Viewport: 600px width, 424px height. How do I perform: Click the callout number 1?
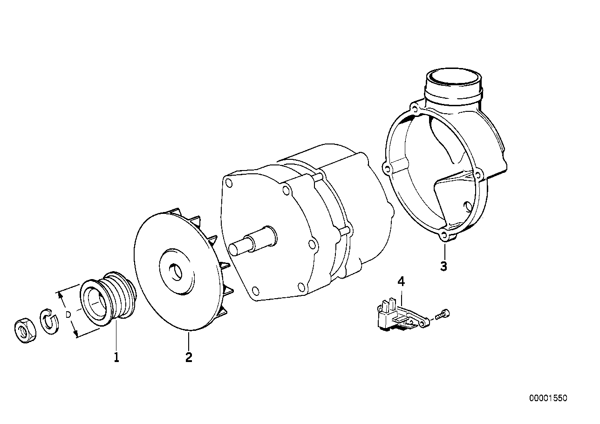pos(116,357)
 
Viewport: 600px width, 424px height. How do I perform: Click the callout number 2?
pos(188,357)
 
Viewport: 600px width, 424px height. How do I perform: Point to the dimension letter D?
pos(68,315)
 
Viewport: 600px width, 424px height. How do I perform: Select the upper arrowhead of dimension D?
pos(59,294)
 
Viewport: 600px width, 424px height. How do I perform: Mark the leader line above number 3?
pos(444,251)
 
